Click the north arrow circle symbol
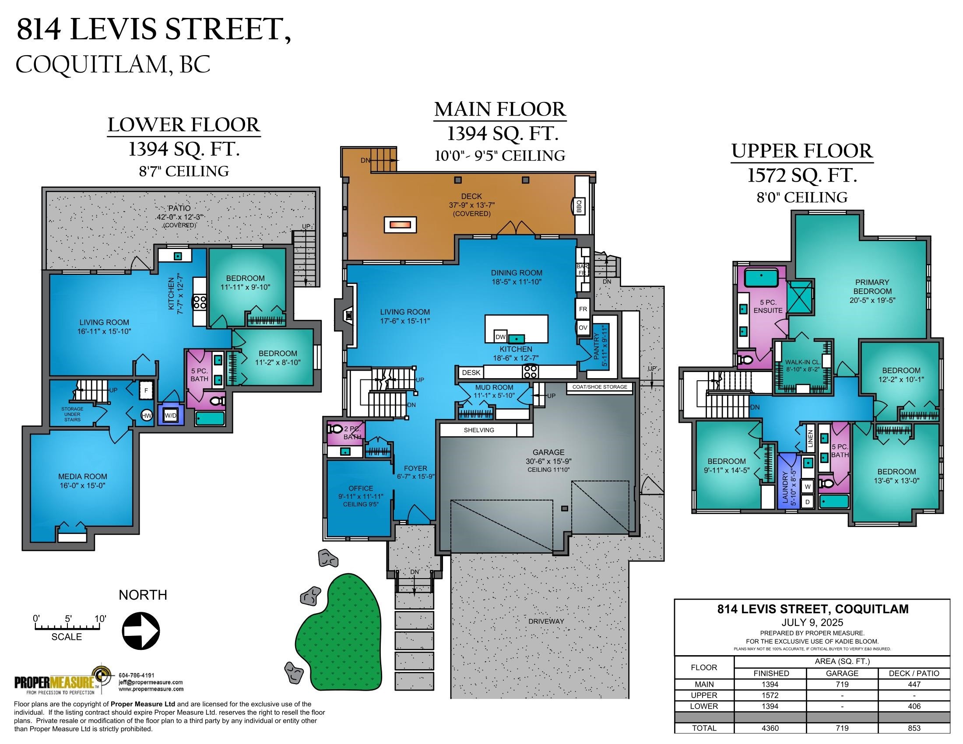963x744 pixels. click(x=140, y=631)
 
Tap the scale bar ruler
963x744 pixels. click(x=70, y=626)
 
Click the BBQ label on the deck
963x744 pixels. click(x=579, y=206)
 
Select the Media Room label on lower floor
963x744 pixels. click(x=82, y=481)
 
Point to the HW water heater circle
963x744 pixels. click(x=147, y=415)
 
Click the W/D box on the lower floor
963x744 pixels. click(x=171, y=415)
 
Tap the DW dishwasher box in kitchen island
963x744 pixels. click(x=500, y=337)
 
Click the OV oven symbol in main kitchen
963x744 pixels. click(x=583, y=327)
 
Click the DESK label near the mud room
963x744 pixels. click(x=471, y=372)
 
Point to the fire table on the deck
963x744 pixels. click(x=400, y=225)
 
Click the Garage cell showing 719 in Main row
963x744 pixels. click(x=842, y=684)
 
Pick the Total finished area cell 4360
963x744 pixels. click(x=770, y=728)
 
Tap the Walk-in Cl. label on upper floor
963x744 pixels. click(x=802, y=365)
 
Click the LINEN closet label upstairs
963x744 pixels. click(x=810, y=439)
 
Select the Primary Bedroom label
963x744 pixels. click(x=872, y=291)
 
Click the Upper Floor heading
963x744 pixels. click(x=801, y=151)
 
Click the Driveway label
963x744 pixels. click(x=546, y=621)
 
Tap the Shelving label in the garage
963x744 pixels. click(x=479, y=430)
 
